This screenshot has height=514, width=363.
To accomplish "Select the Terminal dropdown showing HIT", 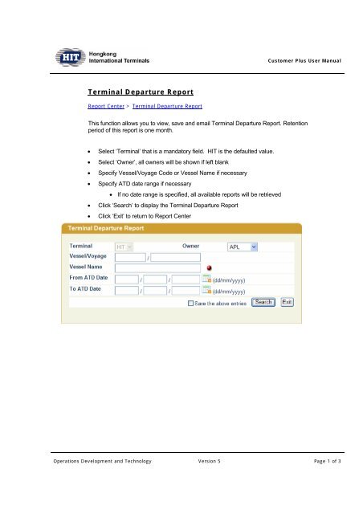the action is (x=125, y=247).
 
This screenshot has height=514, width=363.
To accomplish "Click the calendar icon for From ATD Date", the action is (x=206, y=279).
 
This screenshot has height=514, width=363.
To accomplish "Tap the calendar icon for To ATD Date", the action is (x=206, y=290).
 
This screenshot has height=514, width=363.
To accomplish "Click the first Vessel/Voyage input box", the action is (x=129, y=257).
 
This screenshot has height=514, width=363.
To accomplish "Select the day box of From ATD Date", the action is (x=127, y=279).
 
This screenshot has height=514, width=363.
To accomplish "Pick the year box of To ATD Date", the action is (x=186, y=290).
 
